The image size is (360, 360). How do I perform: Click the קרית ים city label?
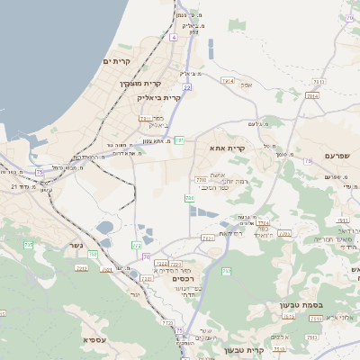(x=117, y=60)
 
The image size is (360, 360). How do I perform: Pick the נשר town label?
(x=76, y=244)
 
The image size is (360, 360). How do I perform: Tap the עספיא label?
(x=96, y=339)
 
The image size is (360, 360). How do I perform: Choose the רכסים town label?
(x=183, y=279)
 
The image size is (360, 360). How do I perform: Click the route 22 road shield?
(x=187, y=87)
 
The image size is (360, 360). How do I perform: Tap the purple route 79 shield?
(x=308, y=161)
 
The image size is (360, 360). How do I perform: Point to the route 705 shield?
(x=28, y=245)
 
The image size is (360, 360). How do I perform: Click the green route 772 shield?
(x=137, y=245)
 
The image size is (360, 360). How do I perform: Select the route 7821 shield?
(x=209, y=238)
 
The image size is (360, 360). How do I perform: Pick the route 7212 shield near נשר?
(x=82, y=268)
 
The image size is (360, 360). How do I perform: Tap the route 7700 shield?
(x=201, y=180)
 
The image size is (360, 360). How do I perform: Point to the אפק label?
(x=247, y=85)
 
